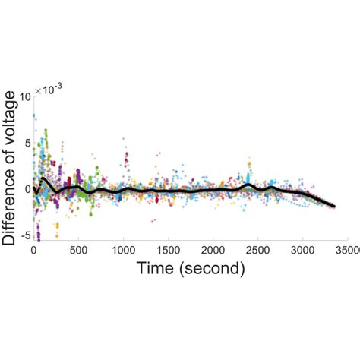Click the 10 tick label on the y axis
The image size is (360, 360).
pos(25,97)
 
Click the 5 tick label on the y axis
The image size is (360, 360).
pos(27,144)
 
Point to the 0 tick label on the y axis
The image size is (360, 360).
pos(27,189)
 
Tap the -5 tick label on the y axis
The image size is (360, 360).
pos(25,235)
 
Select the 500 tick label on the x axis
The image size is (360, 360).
pos(78,251)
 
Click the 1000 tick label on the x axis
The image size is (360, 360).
pos(123,251)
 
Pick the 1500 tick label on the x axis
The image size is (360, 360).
pos(169,251)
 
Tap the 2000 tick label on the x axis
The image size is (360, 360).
pos(213,251)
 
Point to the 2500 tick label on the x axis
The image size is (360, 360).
pos(257,251)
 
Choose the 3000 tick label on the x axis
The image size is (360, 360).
pos(302,251)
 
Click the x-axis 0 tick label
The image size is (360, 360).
pos(33,251)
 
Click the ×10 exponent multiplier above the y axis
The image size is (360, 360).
pos(49,89)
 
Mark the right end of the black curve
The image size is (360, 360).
pos(334,207)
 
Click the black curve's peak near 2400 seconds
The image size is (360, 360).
pos(248,185)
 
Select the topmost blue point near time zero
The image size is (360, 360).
pos(34,115)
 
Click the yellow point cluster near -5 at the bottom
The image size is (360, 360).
pos(57,229)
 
